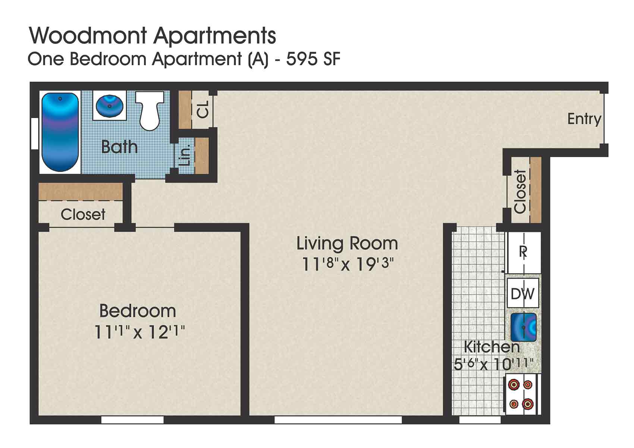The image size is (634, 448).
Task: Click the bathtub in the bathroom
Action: (x=60, y=132)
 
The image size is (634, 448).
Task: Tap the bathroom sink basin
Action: (x=109, y=106)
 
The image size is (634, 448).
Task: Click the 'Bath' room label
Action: (x=119, y=147)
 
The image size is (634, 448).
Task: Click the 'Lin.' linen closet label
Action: (x=185, y=155)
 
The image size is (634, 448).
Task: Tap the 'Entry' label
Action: (x=584, y=119)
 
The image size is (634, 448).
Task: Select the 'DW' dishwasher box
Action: (x=522, y=294)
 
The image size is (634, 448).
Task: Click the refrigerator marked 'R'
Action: (x=523, y=252)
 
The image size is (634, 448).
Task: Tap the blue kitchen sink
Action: (x=523, y=327)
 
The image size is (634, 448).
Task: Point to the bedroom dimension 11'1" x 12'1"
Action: (x=139, y=332)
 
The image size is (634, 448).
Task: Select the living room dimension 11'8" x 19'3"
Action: (x=347, y=265)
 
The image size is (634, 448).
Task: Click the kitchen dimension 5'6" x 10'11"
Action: (x=493, y=364)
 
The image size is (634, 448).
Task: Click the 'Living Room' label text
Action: (x=347, y=244)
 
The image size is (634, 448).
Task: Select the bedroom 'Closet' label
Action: (x=83, y=215)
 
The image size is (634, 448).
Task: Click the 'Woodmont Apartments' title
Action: (x=152, y=36)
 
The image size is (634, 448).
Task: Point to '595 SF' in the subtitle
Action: (x=313, y=60)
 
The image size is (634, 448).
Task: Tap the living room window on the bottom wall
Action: (x=338, y=420)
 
